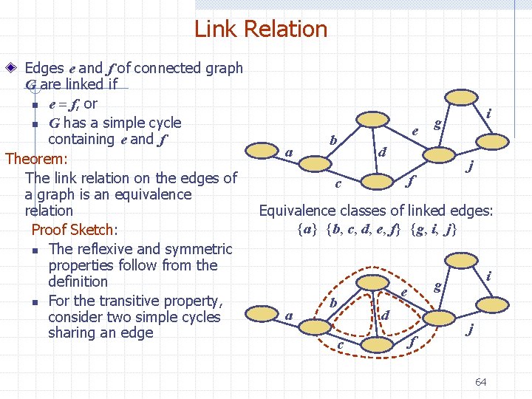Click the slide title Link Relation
[x=260, y=30]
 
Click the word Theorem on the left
[x=35, y=159]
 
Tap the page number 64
[x=480, y=382]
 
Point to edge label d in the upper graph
[x=381, y=153]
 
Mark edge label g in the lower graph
[x=437, y=285]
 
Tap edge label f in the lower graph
[x=411, y=341]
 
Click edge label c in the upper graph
[x=337, y=183]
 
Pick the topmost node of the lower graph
[x=464, y=261]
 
